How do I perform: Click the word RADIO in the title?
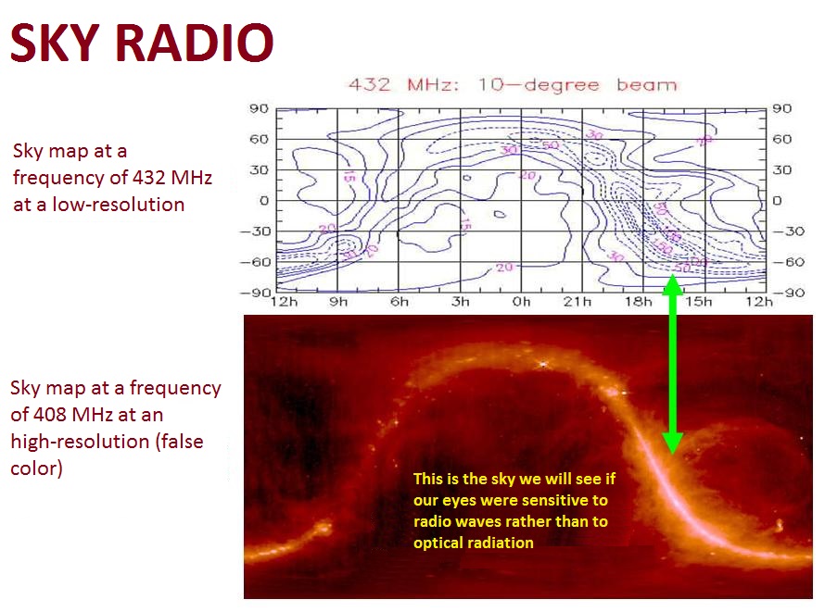tap(196, 43)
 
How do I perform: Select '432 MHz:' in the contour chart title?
tap(404, 85)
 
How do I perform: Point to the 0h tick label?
tap(522, 302)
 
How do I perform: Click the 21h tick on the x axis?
tap(583, 302)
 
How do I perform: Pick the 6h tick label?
tap(400, 302)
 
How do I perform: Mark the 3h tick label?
tap(461, 302)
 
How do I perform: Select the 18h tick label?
tap(644, 302)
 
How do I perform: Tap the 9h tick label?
tap(337, 302)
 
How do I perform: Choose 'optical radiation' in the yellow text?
tap(473, 543)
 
